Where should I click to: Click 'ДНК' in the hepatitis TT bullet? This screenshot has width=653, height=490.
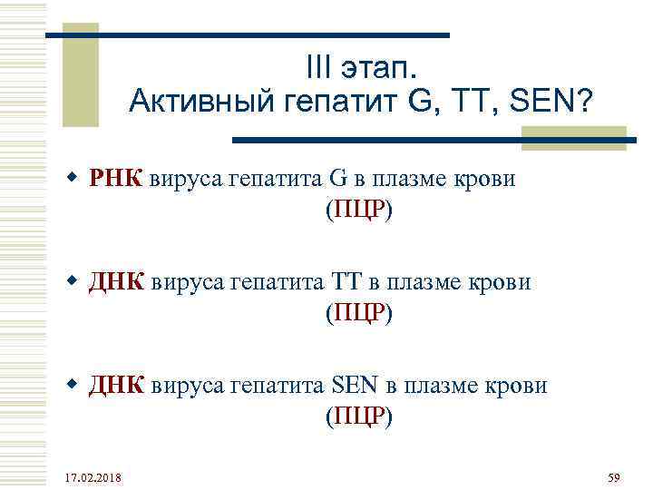[116, 282]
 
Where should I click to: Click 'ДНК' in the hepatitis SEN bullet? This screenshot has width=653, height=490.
[116, 386]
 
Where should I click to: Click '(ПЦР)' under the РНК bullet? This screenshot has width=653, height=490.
[358, 211]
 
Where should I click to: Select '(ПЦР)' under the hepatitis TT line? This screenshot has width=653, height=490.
[358, 314]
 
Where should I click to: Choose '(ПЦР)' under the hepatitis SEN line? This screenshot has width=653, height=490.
[358, 417]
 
